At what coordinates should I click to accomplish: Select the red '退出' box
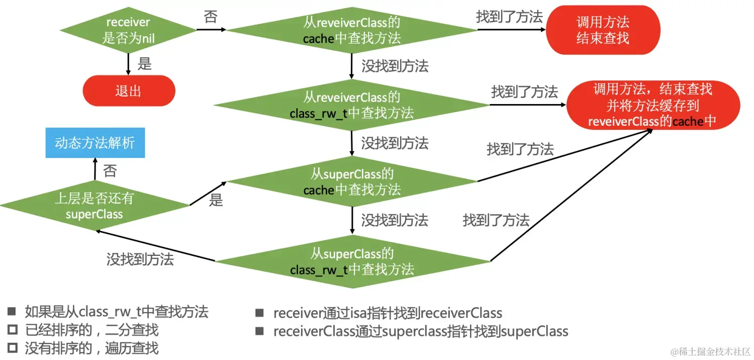pos(129,91)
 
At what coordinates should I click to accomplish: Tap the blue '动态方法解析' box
pos(95,143)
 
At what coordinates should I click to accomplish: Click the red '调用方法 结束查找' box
pos(602,30)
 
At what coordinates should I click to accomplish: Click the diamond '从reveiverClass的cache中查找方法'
pos(351,30)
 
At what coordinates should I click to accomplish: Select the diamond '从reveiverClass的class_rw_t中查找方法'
pos(351,105)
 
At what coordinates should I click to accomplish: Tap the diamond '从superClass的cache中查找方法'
pos(351,182)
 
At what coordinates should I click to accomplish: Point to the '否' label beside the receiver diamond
pos(211,17)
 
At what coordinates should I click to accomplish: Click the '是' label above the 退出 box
pos(144,63)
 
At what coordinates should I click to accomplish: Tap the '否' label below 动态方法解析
pos(110,171)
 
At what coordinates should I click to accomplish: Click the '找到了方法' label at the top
pos(509,17)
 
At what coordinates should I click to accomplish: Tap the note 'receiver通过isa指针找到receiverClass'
pos(387,313)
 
